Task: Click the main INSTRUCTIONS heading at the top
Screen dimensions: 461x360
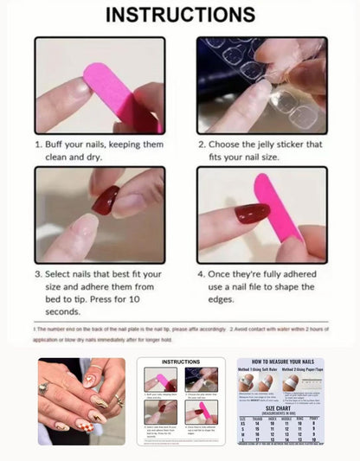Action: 180,15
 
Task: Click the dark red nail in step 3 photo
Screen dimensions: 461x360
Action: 106,201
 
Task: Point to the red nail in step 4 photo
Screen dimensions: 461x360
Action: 251,213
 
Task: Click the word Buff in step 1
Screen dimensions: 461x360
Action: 59,145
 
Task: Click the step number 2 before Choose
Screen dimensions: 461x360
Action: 201,145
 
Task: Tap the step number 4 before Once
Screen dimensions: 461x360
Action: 201,274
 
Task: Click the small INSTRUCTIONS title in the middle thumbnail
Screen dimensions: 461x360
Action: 181,362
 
